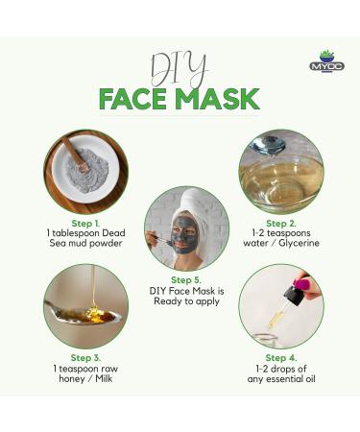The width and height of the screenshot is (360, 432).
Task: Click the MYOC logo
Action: coord(326,61)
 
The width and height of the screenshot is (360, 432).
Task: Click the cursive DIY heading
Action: coord(180,71)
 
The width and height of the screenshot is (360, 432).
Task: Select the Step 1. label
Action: coord(85,224)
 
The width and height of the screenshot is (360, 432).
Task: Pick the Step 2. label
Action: coord(281,224)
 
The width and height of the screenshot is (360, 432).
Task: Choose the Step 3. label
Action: coord(85,358)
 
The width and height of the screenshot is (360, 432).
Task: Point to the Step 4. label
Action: coord(281,358)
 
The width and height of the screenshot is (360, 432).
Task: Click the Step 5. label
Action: coord(186,280)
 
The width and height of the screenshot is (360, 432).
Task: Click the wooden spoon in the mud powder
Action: coord(76,154)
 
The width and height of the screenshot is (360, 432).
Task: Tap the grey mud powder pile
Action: coord(88,171)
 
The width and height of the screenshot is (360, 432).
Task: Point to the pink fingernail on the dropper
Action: coord(301,284)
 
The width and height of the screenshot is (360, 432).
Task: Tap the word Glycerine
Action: coord(299,243)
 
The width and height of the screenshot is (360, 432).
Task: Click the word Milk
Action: coord(104,379)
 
